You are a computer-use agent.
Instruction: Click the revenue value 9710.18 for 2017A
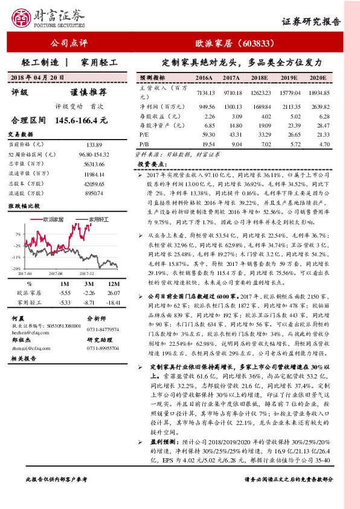[232, 93]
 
